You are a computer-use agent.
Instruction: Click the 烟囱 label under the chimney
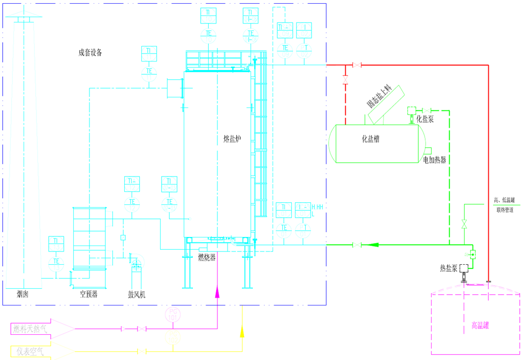tap(22, 294)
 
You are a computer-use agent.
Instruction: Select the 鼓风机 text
tap(137, 294)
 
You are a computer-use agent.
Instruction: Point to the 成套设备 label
tap(90, 52)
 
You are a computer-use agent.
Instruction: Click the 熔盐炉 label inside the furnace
tap(232, 139)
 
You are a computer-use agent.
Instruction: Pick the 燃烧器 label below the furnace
tap(206, 257)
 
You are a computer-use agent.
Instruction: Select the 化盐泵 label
tap(425, 119)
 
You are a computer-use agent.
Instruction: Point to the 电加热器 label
tap(434, 159)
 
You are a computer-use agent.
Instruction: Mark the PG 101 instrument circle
tap(172, 313)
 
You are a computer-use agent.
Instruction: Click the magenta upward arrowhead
tap(217, 291)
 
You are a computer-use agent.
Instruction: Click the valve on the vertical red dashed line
tap(345, 81)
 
